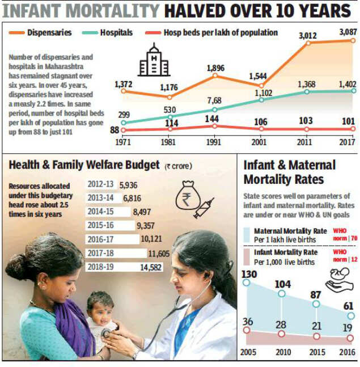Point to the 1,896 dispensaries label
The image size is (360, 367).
pyautogui.click(x=215, y=68)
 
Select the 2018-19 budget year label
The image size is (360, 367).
pyautogui.click(x=101, y=266)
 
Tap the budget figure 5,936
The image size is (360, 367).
pyautogui.click(x=129, y=184)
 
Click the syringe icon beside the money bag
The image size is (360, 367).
pyautogui.click(x=203, y=209)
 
